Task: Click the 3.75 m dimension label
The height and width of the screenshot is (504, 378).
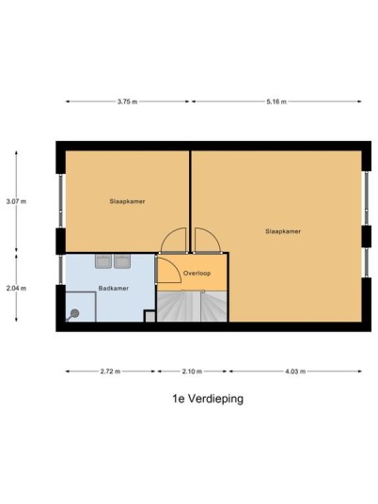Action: coord(127,102)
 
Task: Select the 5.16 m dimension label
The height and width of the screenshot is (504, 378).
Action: coord(276,102)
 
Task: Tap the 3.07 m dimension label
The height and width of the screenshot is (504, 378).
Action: coord(16,201)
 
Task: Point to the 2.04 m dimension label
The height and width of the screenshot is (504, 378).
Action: coord(16,289)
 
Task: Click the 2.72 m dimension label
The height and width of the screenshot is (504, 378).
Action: coord(110,371)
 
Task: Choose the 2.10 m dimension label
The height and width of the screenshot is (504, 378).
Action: coord(192,371)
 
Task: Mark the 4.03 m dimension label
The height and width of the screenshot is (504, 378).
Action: coord(295,371)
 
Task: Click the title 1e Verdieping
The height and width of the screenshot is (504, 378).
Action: coord(208,399)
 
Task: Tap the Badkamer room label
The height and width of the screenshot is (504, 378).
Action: coord(114,289)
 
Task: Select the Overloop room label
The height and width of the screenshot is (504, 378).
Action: coord(197,274)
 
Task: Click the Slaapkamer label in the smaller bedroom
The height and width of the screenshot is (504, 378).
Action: coord(127,201)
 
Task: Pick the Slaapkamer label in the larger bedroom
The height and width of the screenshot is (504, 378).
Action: coord(283,231)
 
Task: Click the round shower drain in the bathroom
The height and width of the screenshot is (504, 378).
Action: coord(74,313)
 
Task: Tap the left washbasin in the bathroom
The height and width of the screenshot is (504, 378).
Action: coord(103,261)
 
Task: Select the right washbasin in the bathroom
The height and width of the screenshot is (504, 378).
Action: coord(122,261)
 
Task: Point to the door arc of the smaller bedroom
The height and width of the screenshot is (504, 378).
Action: coord(167,234)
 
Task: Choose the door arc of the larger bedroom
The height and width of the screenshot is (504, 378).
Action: coord(213,234)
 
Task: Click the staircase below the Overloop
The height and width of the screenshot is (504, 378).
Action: coord(192,307)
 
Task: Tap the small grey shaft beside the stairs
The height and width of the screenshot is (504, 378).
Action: coord(150,316)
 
